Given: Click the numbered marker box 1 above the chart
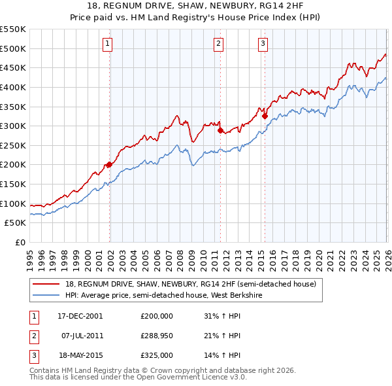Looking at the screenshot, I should pyautogui.click(x=107, y=44).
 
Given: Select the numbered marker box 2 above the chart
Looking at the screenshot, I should pyautogui.click(x=218, y=44).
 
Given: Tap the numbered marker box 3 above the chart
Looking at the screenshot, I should pyautogui.click(x=263, y=44).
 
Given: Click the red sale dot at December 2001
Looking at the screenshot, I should pyautogui.click(x=109, y=165).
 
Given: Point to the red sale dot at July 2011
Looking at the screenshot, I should pyautogui.click(x=220, y=130).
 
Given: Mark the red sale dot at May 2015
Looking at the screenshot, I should pyautogui.click(x=265, y=116).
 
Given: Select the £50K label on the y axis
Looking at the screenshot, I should pyautogui.click(x=16, y=223).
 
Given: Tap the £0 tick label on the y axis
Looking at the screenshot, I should pyautogui.click(x=20, y=242).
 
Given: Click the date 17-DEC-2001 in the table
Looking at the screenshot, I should pyautogui.click(x=80, y=315).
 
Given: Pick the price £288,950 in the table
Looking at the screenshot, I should pyautogui.click(x=156, y=336).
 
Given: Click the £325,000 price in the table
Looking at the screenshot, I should pyautogui.click(x=156, y=355).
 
